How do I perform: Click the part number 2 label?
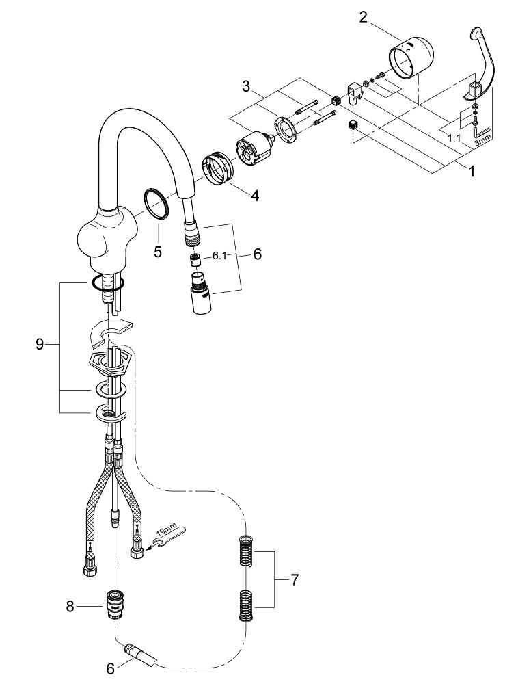pos(363,18)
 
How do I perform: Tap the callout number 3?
pos(246,86)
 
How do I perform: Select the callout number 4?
pos(255,196)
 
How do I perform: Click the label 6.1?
pos(220,256)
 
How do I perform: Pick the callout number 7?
pos(295,580)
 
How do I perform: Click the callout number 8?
pos(70,606)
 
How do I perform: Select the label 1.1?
pos(454,138)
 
